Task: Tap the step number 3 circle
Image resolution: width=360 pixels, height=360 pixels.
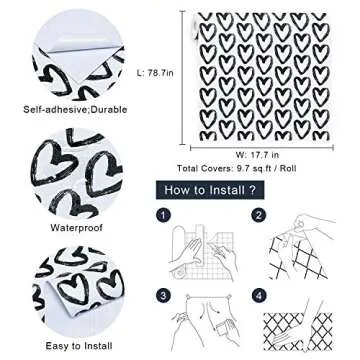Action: coord(165,296)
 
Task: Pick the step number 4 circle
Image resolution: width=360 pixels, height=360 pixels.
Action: coord(259,296)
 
